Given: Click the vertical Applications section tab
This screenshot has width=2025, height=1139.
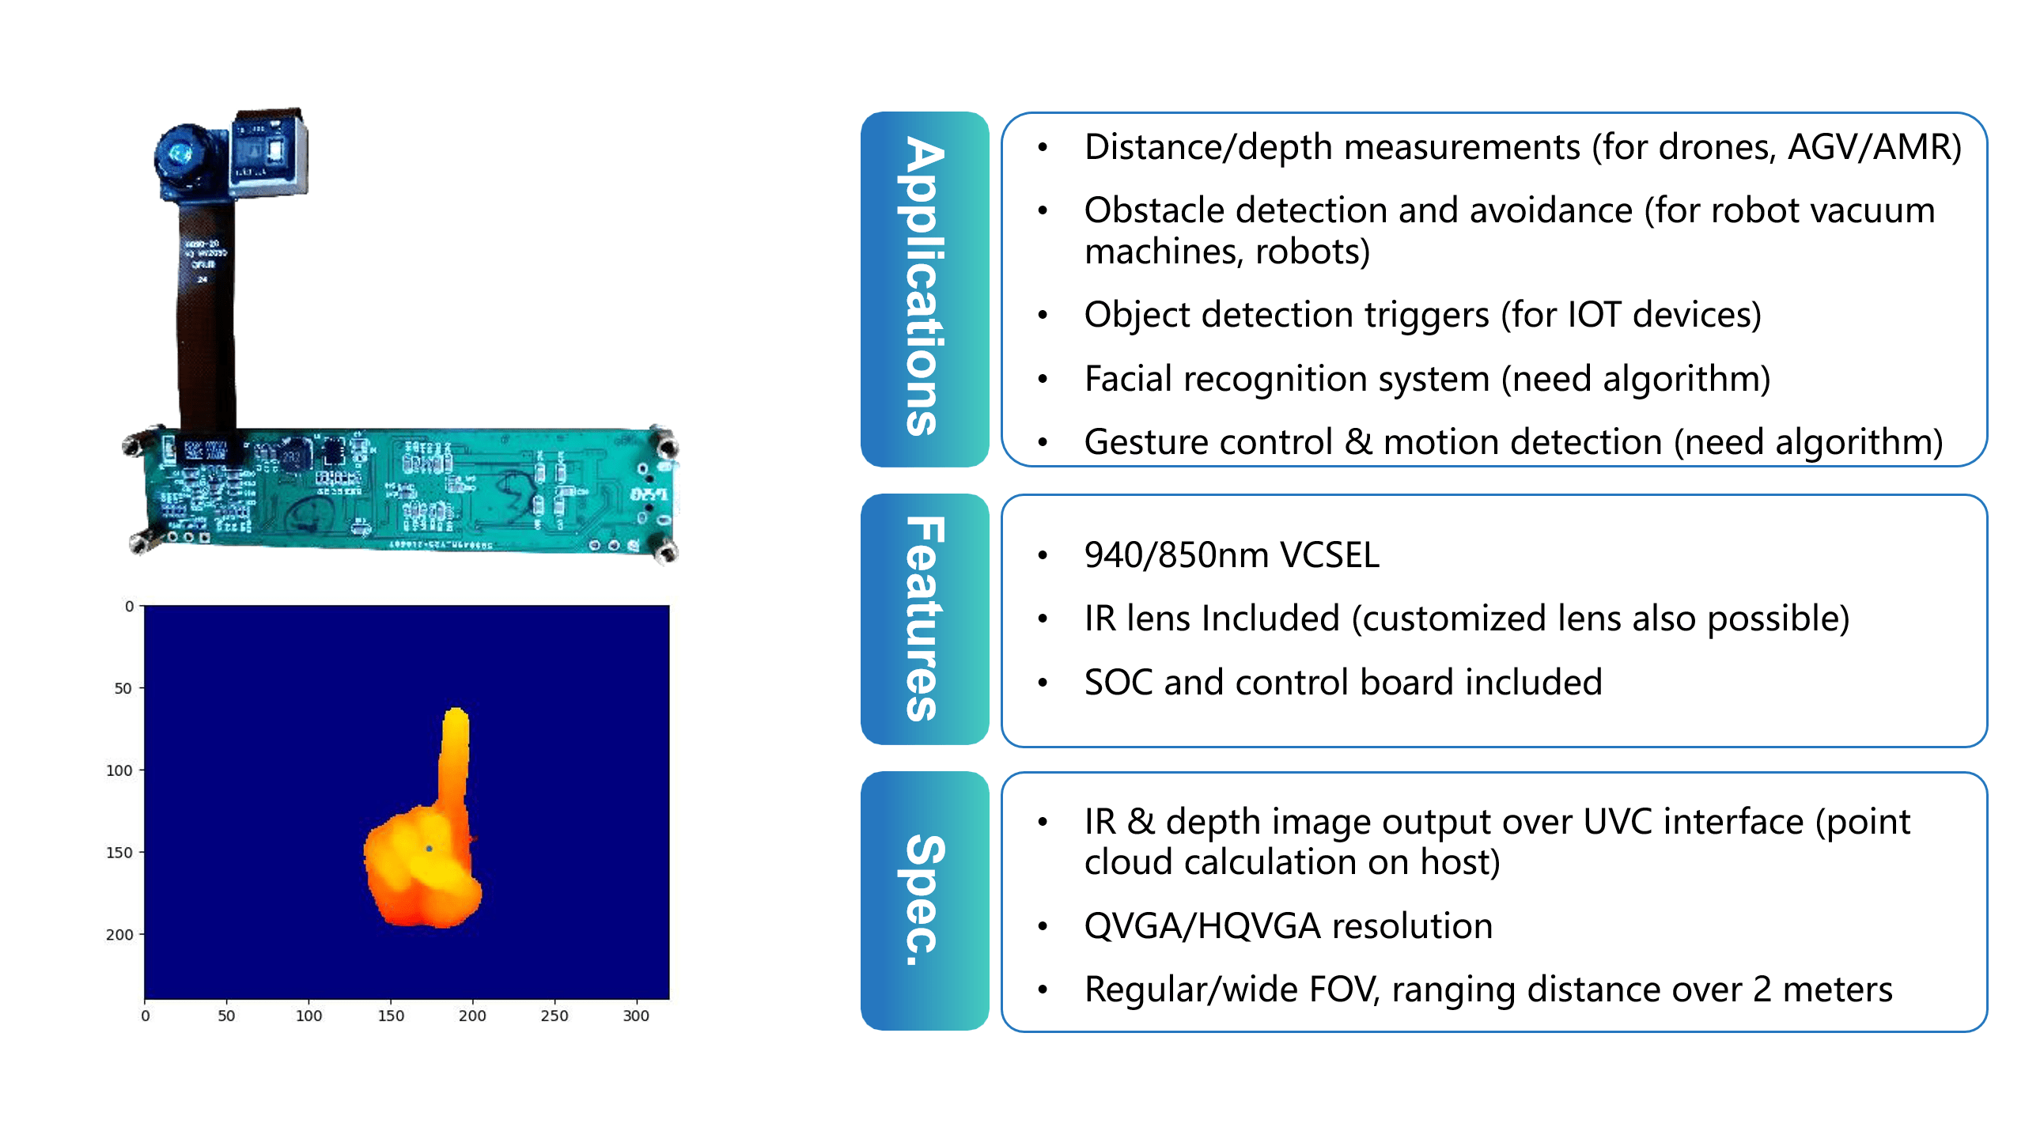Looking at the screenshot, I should point(924,289).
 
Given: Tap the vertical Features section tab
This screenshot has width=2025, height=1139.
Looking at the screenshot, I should point(924,619).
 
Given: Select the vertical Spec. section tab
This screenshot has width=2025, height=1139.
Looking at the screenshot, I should point(924,900).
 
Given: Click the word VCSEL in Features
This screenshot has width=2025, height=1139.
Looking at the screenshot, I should point(1330,555).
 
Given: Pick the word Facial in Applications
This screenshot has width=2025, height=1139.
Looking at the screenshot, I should point(1127,379).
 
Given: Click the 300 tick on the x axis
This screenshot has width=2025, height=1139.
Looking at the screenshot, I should point(636,1016).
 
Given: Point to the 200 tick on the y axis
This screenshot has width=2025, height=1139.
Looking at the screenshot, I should point(119,935).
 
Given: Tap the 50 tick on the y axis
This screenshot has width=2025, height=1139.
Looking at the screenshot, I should point(123,689).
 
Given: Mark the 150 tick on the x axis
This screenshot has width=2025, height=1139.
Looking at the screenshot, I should point(391,1016).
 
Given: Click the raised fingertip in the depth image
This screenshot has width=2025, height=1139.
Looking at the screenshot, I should point(456,720).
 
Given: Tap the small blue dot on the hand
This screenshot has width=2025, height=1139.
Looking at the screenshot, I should point(429,849).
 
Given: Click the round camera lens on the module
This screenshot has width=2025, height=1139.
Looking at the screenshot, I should point(180,153).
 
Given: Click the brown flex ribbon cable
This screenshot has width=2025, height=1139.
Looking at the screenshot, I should point(206,316).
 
